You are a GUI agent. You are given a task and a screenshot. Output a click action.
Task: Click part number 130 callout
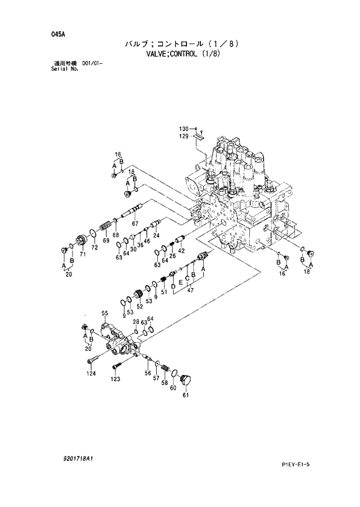point(183,128)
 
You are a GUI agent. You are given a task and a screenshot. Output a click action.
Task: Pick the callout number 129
point(183,136)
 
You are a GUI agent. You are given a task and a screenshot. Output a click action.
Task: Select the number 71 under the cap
point(82,254)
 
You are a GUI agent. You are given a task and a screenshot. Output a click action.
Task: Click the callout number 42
point(181,250)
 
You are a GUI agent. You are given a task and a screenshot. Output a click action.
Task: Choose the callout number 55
point(105,314)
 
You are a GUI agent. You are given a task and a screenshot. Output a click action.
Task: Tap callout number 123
point(116,379)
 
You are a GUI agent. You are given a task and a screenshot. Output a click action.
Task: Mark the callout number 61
point(186,395)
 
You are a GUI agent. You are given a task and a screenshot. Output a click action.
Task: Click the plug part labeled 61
point(186,379)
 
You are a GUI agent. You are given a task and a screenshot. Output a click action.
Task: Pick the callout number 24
point(156,235)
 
